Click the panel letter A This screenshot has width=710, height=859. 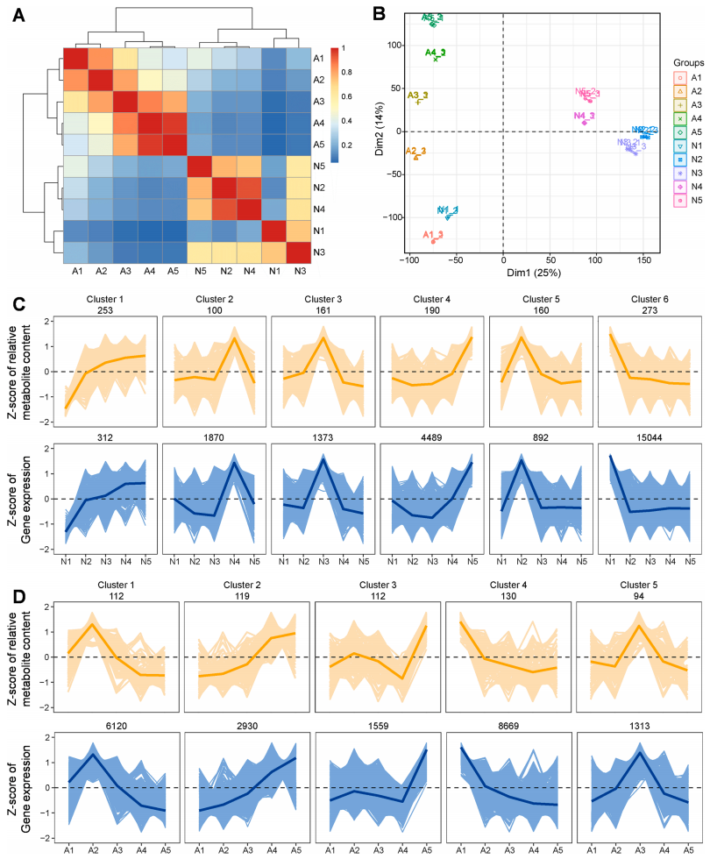pos(17,15)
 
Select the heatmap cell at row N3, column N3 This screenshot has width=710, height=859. pos(301,253)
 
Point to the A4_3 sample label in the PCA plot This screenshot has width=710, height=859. pos(435,53)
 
